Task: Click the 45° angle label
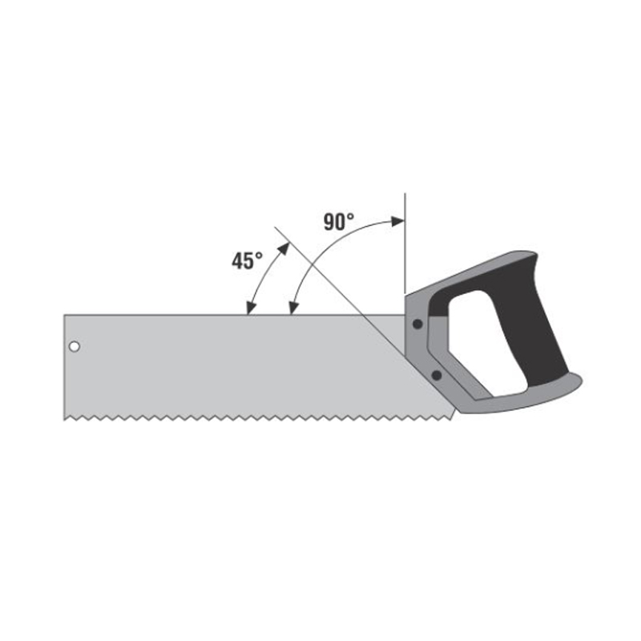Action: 248,261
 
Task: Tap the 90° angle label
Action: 339,222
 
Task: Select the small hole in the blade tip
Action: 74,347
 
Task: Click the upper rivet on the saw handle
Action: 417,325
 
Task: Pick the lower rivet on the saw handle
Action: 436,374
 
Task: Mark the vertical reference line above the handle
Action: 405,240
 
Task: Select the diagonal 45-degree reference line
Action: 320,272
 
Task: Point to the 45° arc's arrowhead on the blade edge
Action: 250,309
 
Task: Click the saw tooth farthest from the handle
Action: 67,418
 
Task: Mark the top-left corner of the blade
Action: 65,316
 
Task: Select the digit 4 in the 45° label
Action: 239,261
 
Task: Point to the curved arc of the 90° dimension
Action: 320,248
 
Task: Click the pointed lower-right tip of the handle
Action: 581,381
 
